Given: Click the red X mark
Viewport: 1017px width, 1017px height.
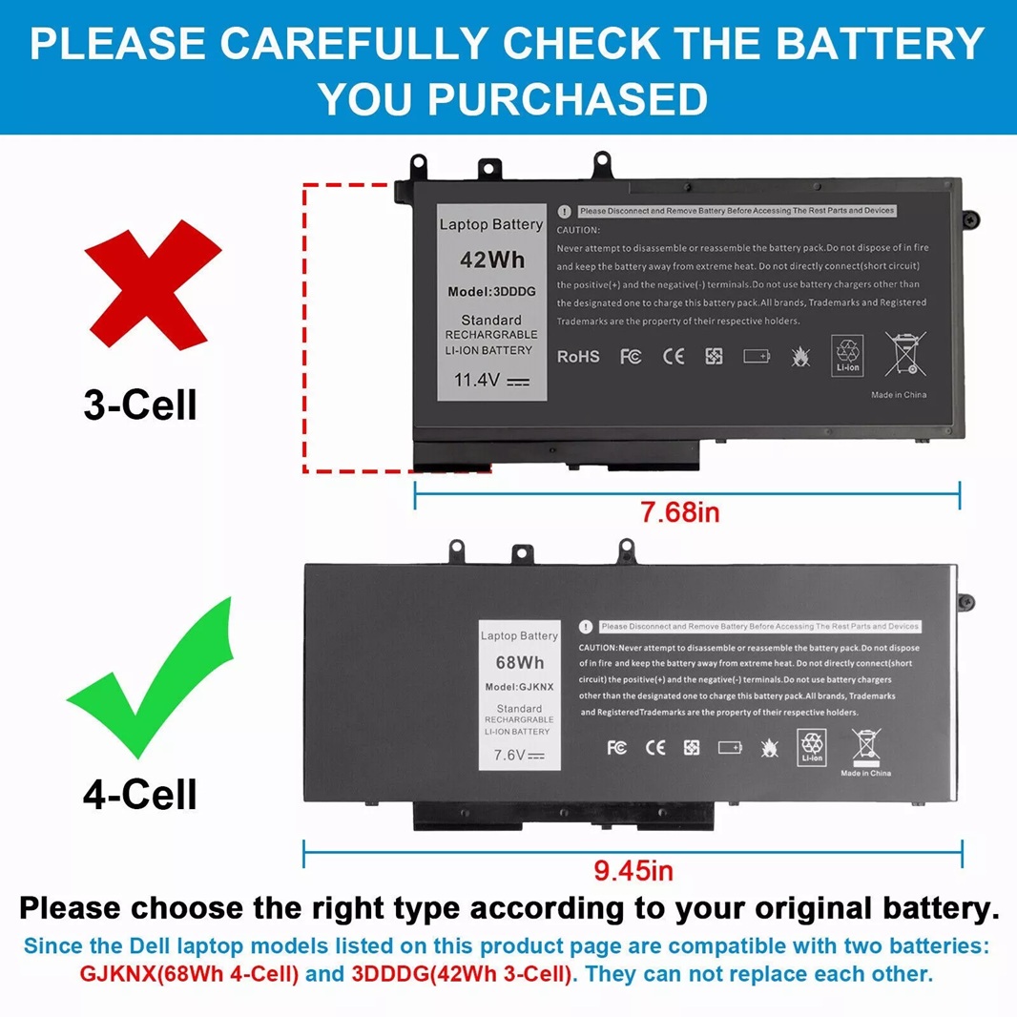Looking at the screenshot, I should pyautogui.click(x=153, y=282).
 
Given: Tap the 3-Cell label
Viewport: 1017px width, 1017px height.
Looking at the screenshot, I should pyautogui.click(x=140, y=405).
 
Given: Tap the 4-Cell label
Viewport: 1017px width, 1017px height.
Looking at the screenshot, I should pyautogui.click(x=140, y=794).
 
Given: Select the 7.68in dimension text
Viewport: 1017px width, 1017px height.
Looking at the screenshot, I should pyautogui.click(x=680, y=512).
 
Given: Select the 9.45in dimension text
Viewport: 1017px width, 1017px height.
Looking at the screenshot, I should pyautogui.click(x=633, y=870).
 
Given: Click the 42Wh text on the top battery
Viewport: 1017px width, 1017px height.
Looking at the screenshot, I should pyautogui.click(x=490, y=259).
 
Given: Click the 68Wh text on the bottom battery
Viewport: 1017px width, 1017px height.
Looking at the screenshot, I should pyautogui.click(x=519, y=661).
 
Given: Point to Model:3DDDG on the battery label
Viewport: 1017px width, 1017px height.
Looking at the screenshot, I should pyautogui.click(x=490, y=291).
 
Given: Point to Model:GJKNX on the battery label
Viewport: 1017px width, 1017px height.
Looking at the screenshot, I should pyautogui.click(x=519, y=687).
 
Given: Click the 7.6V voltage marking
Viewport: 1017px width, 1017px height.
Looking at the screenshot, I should pyautogui.click(x=518, y=755).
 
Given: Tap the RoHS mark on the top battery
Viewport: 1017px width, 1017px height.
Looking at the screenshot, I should pyautogui.click(x=578, y=356).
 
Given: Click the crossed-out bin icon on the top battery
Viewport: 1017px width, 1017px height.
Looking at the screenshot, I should pyautogui.click(x=904, y=353).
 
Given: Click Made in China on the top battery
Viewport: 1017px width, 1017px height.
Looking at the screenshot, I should pyautogui.click(x=898, y=395).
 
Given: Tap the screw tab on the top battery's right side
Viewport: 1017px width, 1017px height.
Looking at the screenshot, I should pyautogui.click(x=969, y=220).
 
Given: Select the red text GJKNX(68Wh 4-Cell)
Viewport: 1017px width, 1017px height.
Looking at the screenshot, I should pyautogui.click(x=189, y=974).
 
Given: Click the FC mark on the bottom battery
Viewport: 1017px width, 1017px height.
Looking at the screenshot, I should pyautogui.click(x=616, y=747).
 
